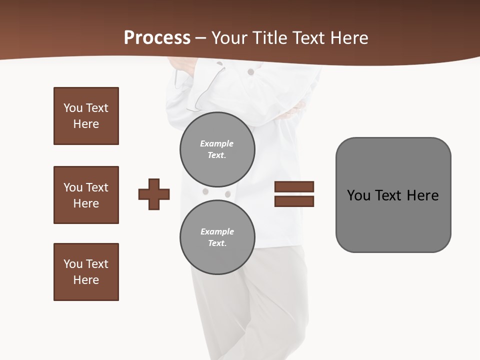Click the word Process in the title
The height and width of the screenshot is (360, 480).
(157, 37)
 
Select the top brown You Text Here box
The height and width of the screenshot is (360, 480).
(86, 116)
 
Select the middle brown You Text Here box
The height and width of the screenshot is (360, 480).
(86, 195)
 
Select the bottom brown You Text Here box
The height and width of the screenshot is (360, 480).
(86, 272)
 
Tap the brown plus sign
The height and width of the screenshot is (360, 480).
(154, 194)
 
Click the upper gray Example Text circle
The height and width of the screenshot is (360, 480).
(217, 149)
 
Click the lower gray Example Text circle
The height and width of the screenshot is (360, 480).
(217, 237)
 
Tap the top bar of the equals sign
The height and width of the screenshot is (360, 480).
(294, 186)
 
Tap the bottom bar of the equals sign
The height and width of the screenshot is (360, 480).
(294, 201)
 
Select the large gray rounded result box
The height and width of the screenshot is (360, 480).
(393, 195)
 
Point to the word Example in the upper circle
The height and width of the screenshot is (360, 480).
(216, 143)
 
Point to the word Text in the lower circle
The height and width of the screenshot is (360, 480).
(217, 243)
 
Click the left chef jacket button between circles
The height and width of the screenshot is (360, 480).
(205, 191)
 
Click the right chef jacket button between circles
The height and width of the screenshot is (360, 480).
(228, 194)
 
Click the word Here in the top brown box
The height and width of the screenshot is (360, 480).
(86, 124)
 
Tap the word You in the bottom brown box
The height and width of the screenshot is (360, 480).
(73, 264)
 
